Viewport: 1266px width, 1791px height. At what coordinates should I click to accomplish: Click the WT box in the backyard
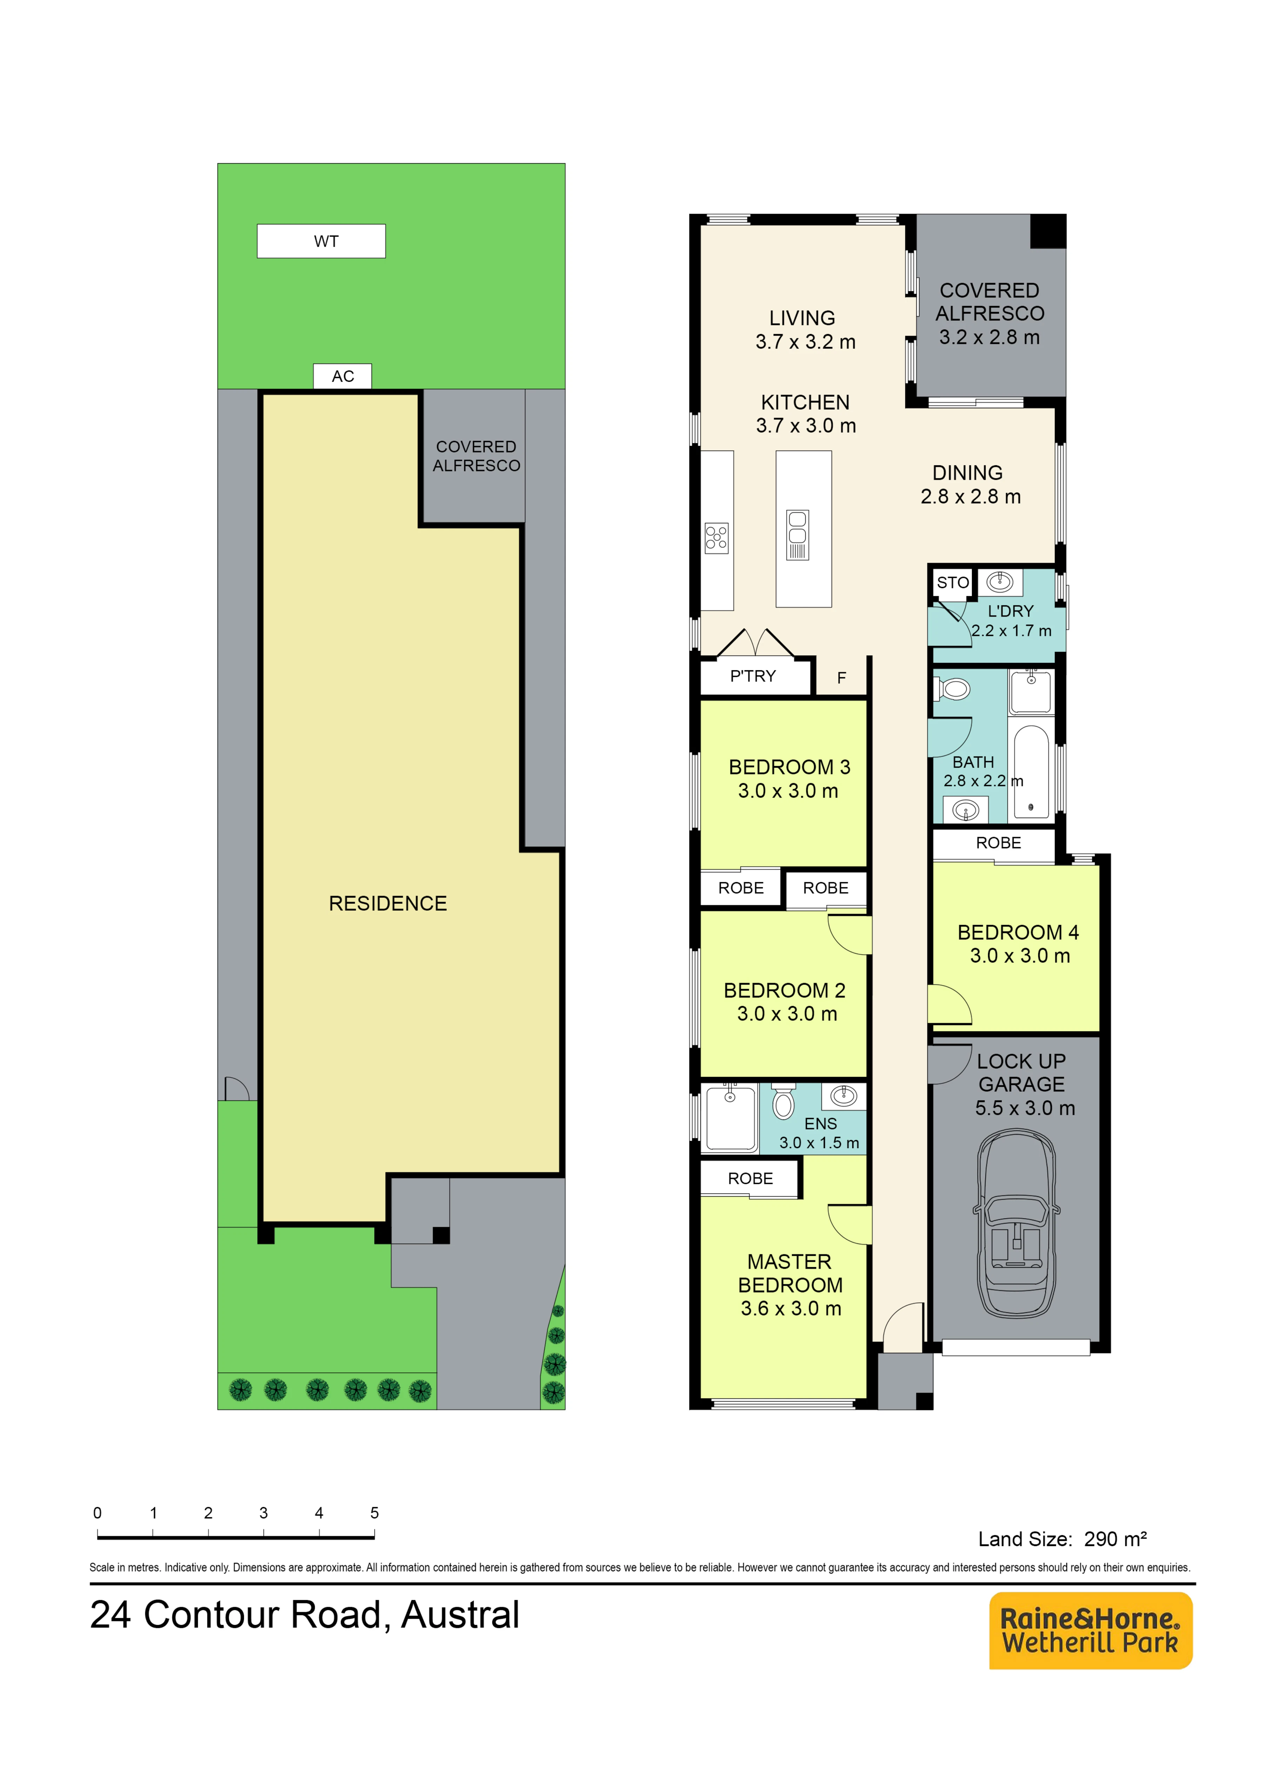(x=321, y=241)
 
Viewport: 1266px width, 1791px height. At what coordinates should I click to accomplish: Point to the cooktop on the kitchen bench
(x=716, y=538)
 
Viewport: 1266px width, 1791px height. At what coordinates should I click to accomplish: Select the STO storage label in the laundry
(x=952, y=583)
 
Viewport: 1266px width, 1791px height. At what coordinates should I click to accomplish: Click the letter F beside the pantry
(x=842, y=678)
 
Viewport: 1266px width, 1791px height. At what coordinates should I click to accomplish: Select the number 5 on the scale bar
(x=374, y=1512)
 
